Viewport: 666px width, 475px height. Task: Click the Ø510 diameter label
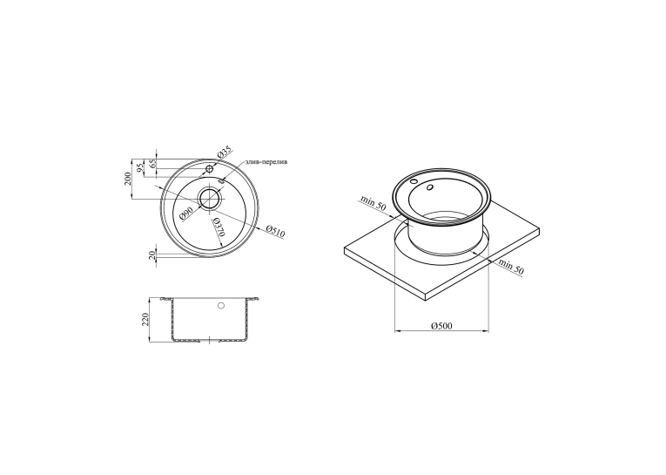[275, 232]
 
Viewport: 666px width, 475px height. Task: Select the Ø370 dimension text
[219, 227]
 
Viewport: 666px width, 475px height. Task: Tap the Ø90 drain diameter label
[186, 212]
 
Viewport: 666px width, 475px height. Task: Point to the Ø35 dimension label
[225, 152]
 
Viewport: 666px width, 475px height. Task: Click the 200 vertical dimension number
[127, 180]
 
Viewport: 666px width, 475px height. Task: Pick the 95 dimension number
[138, 168]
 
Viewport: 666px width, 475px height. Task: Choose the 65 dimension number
[154, 162]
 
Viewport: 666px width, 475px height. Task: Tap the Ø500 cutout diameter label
[441, 326]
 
